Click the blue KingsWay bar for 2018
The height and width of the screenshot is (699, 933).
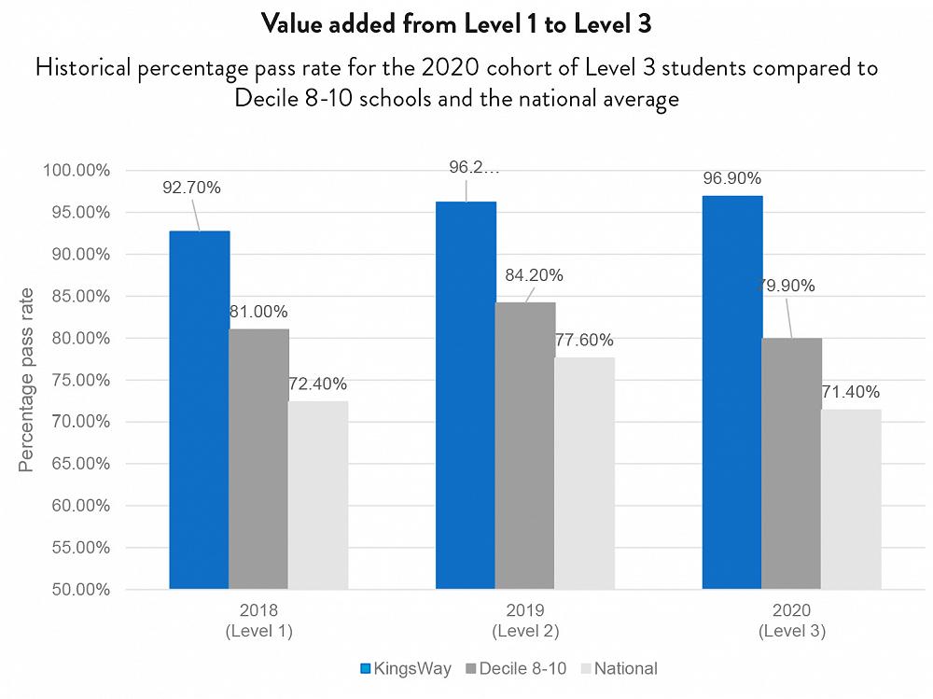pos(199,411)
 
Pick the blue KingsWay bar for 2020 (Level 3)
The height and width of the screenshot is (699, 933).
pos(732,392)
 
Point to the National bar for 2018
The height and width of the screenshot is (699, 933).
pos(318,496)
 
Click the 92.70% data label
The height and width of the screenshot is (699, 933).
pos(191,188)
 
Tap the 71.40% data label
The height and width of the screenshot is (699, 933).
pos(850,392)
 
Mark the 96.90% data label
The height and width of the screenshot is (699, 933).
pos(732,178)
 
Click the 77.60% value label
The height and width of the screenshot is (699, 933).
pos(584,341)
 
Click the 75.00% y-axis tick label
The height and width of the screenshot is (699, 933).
pos(79,380)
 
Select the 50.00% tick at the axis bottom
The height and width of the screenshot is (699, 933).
pos(79,590)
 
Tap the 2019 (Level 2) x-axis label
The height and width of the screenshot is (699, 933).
pos(525,622)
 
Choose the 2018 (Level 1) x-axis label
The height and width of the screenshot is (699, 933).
pos(258,622)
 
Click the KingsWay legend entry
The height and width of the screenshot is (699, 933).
pos(406,668)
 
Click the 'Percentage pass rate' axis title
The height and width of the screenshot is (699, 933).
pos(26,380)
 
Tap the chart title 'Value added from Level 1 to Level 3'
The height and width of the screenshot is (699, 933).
pos(455,24)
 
